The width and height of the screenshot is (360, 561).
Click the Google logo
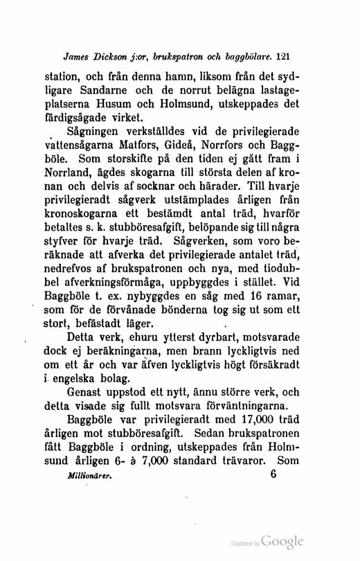284,541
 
